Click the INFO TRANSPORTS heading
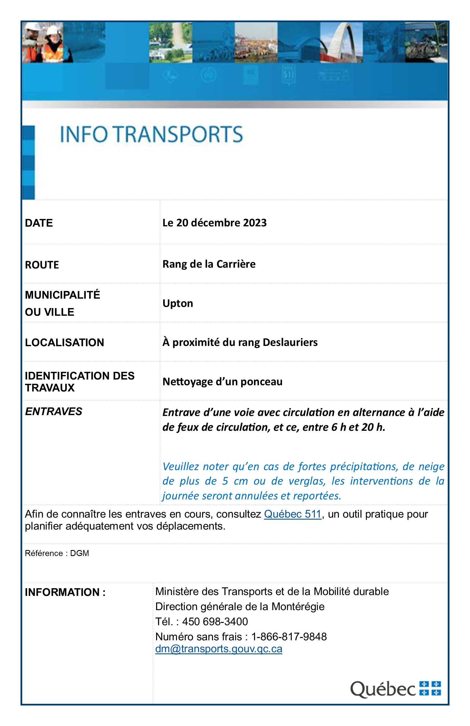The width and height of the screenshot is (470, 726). (151, 134)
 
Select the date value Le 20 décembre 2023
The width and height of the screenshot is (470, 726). (214, 223)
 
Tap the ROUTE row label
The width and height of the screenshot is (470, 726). (42, 265)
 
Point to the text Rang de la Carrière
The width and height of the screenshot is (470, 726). (209, 264)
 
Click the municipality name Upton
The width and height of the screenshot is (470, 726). (178, 303)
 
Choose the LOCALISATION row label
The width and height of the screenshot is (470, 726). (64, 342)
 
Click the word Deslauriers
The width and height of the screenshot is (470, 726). (290, 342)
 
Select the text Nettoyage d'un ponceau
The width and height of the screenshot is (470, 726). (222, 381)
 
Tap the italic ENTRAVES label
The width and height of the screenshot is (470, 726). (54, 411)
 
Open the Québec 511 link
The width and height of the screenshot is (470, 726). (292, 514)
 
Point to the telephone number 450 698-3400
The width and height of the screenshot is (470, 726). (215, 621)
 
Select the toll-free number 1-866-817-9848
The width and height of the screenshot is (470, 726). (289, 637)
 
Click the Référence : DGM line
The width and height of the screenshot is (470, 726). (57, 553)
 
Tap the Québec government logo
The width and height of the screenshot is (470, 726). (395, 688)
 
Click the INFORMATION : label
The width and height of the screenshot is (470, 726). (65, 592)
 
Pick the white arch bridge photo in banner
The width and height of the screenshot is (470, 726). (341, 43)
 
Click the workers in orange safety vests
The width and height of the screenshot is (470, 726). (46, 43)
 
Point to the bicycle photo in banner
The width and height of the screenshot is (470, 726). (426, 43)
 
